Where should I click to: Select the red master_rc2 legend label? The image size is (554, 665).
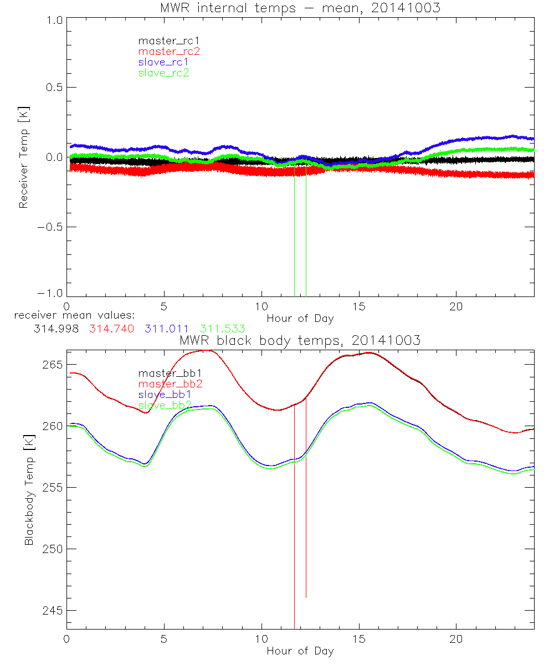tap(168, 52)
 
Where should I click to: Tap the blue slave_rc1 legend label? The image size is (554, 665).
tap(163, 62)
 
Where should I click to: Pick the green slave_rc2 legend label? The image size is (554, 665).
tap(163, 73)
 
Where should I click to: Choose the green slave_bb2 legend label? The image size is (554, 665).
tap(165, 405)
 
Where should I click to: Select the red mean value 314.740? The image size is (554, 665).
tap(111, 329)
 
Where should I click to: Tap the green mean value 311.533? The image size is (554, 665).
tap(223, 329)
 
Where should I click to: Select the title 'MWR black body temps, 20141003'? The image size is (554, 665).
tap(300, 341)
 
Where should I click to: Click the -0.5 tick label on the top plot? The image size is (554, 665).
tap(51, 227)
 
